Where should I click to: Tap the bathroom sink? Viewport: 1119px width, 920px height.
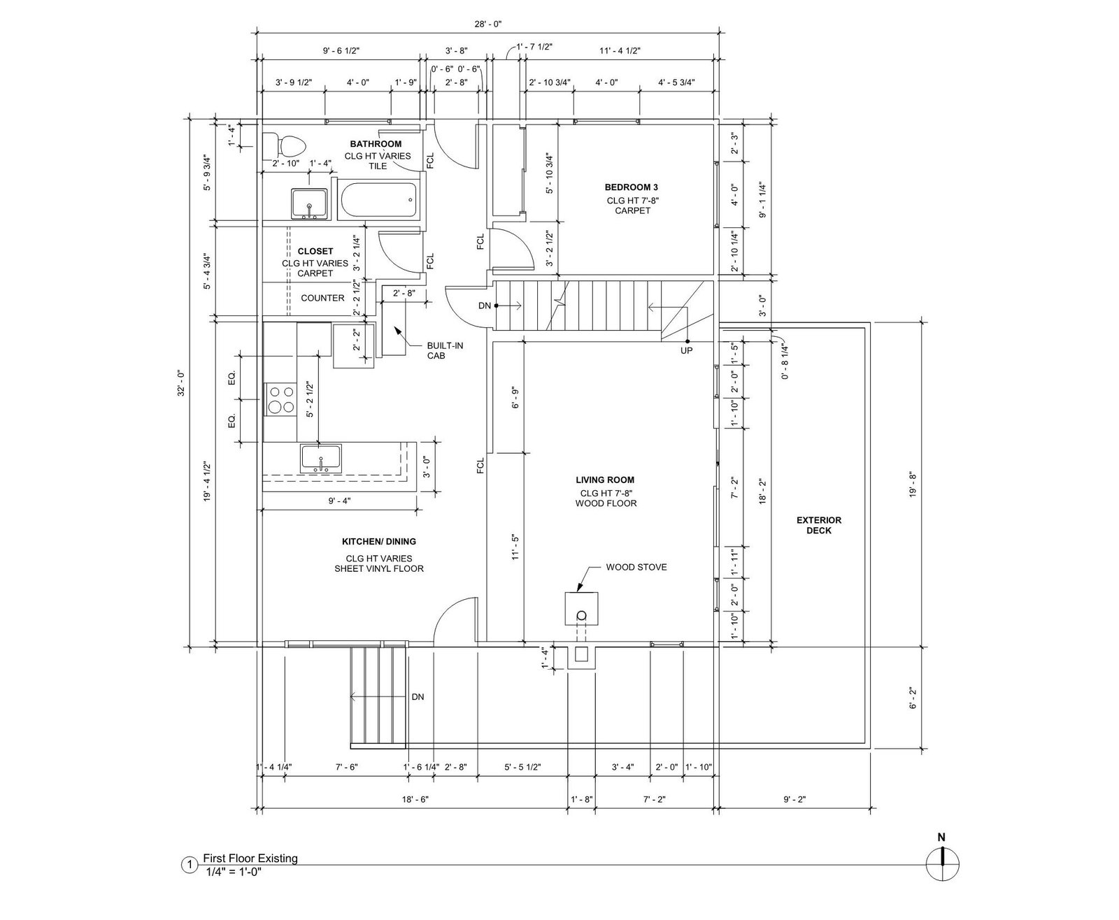(x=309, y=203)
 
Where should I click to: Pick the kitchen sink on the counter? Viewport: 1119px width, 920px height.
(x=321, y=459)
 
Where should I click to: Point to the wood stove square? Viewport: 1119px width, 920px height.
(x=581, y=608)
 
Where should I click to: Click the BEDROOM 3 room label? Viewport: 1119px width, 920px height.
(x=632, y=187)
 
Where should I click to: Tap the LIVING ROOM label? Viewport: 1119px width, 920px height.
(x=605, y=480)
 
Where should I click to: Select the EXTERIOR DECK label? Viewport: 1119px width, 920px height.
(x=819, y=525)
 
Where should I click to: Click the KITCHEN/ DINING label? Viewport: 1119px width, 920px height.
(x=379, y=541)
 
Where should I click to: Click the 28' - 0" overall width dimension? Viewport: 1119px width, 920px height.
(x=487, y=24)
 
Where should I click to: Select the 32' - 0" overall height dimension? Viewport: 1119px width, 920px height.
(x=181, y=382)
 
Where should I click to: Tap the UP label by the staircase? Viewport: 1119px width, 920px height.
(x=687, y=350)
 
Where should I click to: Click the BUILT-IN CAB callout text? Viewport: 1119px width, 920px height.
(x=445, y=350)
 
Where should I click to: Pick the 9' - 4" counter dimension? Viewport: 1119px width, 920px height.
(x=340, y=501)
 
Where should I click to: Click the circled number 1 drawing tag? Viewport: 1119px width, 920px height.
(x=189, y=865)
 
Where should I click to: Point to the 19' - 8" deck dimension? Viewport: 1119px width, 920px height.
(x=913, y=484)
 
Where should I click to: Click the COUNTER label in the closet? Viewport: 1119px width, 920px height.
(x=322, y=298)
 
